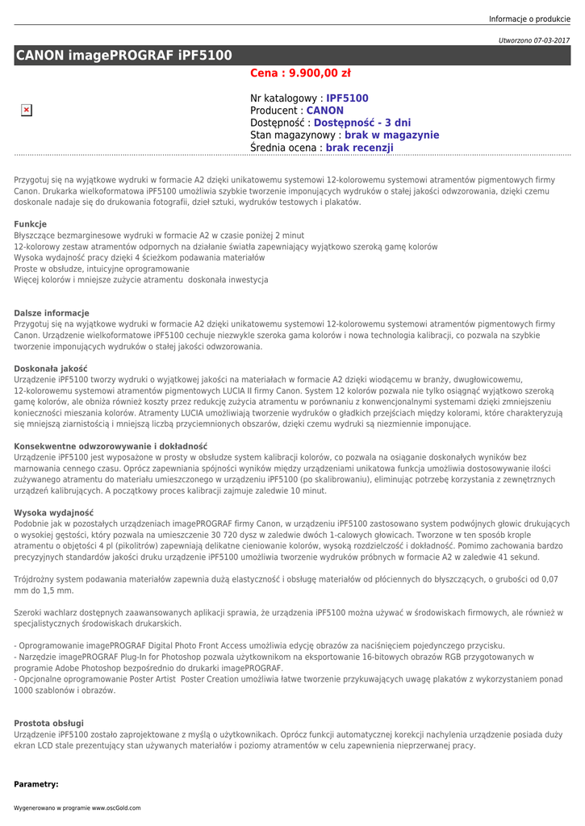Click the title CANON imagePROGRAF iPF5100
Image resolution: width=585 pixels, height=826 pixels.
click(123, 55)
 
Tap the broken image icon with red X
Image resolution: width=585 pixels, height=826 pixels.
click(27, 110)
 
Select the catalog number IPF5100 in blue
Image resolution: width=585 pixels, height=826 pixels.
click(347, 98)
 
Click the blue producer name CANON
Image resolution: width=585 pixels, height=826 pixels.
click(325, 111)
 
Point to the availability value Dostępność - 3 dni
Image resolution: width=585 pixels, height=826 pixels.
click(362, 123)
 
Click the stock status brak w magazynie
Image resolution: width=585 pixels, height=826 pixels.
click(391, 136)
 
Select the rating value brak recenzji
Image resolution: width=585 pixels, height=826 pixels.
click(359, 148)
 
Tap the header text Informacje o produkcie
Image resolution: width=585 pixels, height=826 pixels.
click(529, 19)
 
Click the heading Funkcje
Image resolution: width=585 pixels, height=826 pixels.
click(31, 224)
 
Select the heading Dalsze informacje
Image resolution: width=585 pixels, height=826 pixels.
click(52, 313)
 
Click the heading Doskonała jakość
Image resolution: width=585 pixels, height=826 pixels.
click(51, 369)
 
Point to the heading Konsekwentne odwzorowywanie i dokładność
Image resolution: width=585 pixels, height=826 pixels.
click(111, 446)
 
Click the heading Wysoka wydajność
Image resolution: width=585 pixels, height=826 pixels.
click(54, 512)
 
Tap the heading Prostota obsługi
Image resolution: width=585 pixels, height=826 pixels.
click(49, 724)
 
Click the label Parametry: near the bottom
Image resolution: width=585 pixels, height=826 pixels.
click(36, 784)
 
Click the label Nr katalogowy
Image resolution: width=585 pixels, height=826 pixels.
click(286, 98)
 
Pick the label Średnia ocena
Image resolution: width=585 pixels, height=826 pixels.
click(286, 148)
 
